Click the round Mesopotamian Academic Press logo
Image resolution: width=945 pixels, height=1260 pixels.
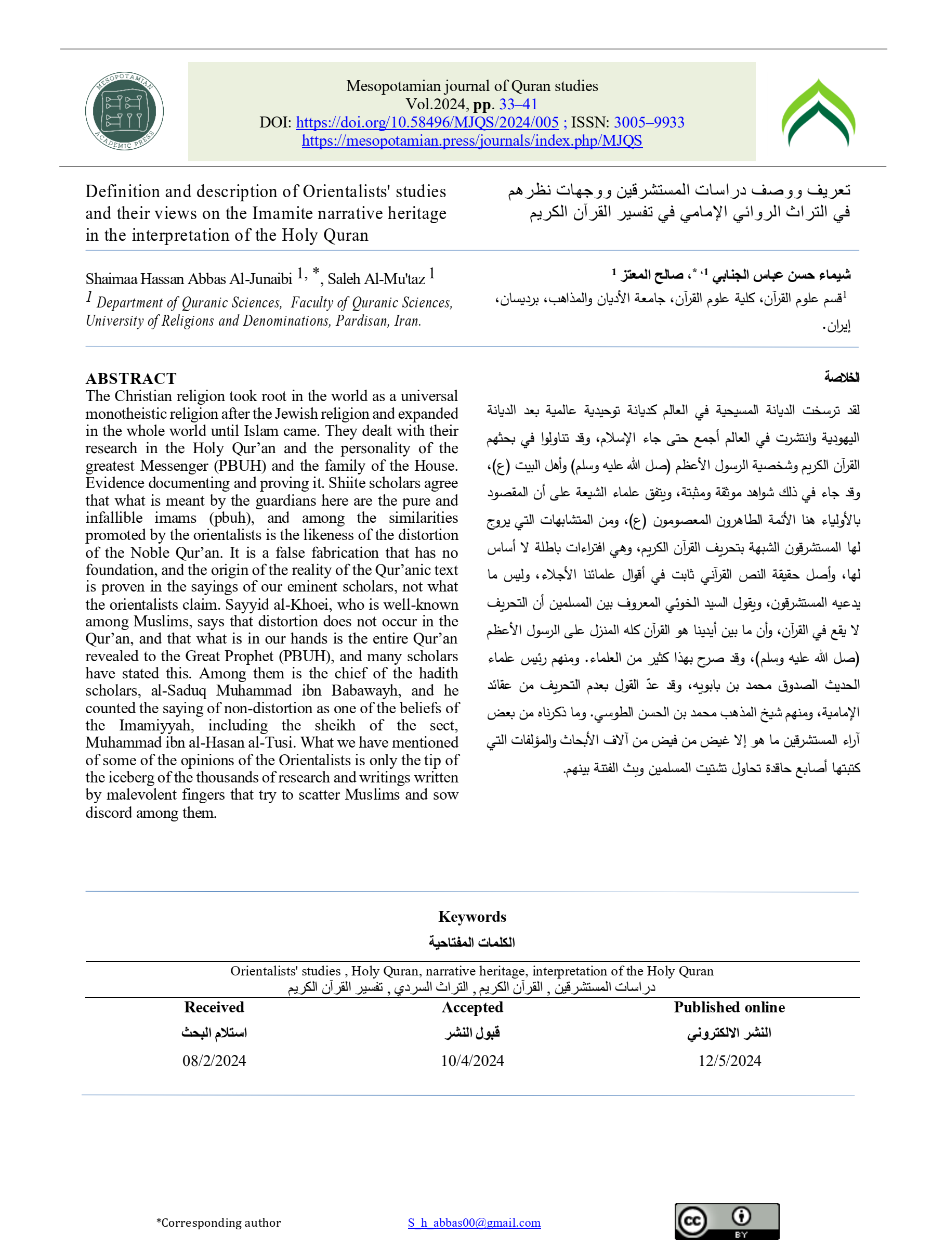coord(124,111)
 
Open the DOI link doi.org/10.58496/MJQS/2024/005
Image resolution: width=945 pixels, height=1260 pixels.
coord(427,122)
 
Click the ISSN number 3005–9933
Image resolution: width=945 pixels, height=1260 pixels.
coord(649,122)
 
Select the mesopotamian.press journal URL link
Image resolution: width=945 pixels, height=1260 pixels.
coord(472,140)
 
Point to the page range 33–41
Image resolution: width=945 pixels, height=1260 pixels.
coord(518,104)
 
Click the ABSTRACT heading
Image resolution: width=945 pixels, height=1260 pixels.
coord(131,379)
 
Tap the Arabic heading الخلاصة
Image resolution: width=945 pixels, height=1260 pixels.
coord(842,377)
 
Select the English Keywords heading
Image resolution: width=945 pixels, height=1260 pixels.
coord(472,917)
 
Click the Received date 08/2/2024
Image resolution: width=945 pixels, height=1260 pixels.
coord(214,1061)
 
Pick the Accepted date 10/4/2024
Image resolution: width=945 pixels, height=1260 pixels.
coord(472,1061)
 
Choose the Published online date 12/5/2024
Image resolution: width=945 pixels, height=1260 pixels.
coord(729,1061)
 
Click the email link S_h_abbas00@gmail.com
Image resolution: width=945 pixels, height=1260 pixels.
coord(474,1223)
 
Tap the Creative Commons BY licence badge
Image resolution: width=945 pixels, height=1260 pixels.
coord(726,1222)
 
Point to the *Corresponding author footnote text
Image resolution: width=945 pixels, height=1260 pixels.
coord(219,1223)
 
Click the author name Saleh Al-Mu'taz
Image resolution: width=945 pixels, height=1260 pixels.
coord(376,279)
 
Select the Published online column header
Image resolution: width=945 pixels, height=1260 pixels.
coord(729,1007)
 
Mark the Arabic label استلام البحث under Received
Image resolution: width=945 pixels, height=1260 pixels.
coord(214,1033)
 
